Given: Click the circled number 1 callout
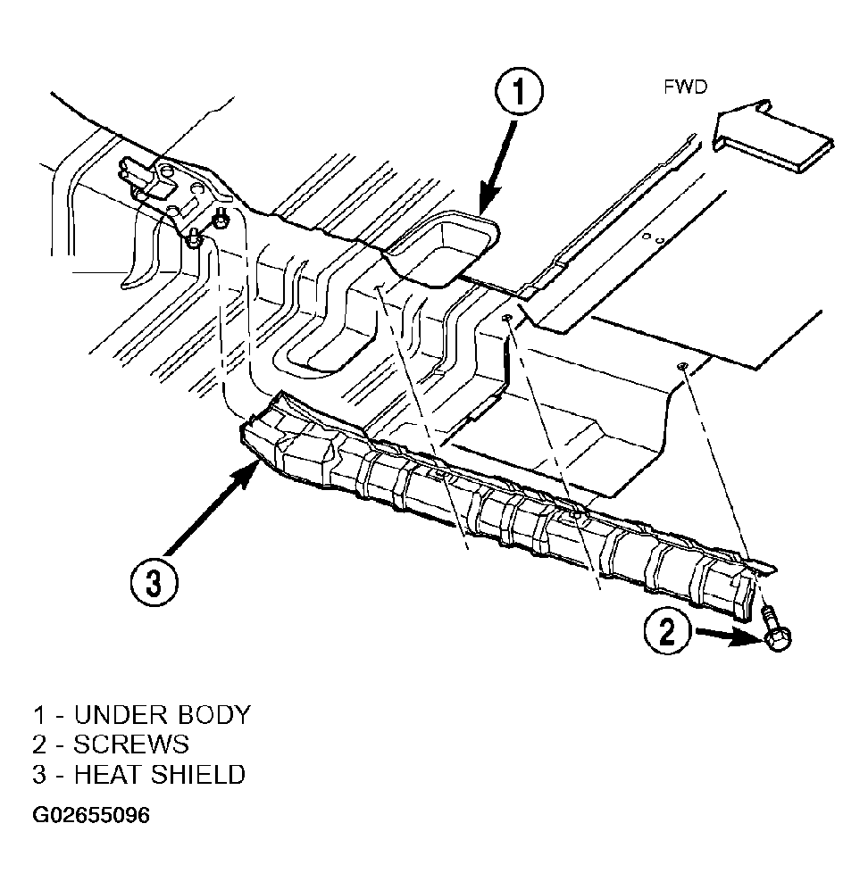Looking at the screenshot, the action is coord(519,91).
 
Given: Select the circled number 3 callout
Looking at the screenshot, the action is coord(154,582).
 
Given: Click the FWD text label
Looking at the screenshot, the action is coord(685,87).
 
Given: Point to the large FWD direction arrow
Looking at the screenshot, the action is coord(772,137).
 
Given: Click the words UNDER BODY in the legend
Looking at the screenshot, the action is coord(162,715).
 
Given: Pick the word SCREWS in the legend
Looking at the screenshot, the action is coord(131,744).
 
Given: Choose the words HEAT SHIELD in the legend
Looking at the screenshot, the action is coord(160,775).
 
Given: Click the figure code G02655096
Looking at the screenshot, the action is coord(91,815).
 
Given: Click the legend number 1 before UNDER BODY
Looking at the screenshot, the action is coord(38,715).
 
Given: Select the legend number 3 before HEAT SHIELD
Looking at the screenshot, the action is coord(39,775).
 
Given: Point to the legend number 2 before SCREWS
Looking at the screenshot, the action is coord(39,744).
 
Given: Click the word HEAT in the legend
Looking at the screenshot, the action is coord(108,775).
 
